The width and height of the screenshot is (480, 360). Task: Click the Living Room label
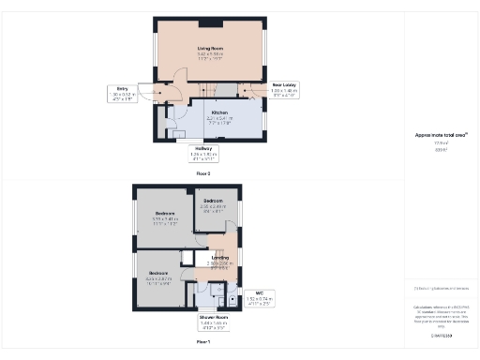[209, 47]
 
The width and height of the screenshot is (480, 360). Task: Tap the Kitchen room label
[218, 112]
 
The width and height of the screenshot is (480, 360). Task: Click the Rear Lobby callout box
[284, 90]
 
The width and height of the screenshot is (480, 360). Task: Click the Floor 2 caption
[203, 173]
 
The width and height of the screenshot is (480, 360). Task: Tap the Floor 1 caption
[202, 342]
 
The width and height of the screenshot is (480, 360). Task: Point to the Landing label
[220, 258]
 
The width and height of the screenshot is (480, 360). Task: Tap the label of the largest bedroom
[166, 215]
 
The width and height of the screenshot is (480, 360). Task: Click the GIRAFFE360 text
[441, 335]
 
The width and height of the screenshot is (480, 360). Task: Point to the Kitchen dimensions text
[218, 120]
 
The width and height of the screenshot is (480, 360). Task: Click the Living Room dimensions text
[209, 55]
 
